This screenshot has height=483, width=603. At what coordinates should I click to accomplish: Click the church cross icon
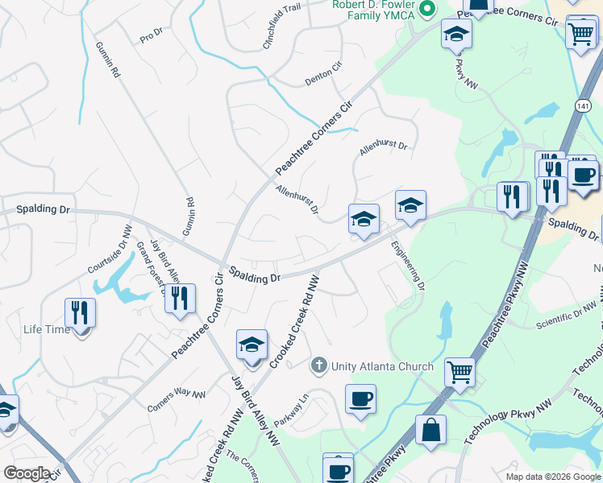click(319, 366)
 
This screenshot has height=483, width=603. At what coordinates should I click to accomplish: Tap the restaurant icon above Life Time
click(80, 312)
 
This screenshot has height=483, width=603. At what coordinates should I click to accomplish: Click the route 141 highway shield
click(581, 105)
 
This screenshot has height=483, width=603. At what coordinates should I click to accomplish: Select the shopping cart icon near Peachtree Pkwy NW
click(459, 371)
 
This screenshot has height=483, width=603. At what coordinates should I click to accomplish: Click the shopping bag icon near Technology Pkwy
click(431, 429)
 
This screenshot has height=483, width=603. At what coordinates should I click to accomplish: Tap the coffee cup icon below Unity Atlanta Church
click(360, 398)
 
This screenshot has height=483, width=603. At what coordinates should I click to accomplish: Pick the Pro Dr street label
click(151, 36)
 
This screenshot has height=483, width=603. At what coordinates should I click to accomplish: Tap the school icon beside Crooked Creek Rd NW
click(252, 345)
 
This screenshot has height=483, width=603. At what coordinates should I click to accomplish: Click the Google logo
click(27, 473)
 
